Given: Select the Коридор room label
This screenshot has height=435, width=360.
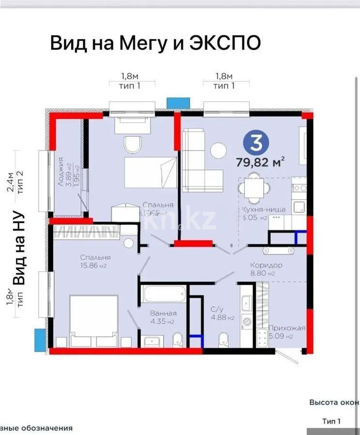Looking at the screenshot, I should pos(266,265).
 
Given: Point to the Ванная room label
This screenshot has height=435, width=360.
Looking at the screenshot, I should pos(160,313).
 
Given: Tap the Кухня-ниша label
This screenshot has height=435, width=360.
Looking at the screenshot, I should pos(264,209).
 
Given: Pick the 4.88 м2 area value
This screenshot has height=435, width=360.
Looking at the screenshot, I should pos(224,318).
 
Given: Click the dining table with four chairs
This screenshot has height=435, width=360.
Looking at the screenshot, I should pos(252,188).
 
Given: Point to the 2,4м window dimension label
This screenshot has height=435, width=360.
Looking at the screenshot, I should pos(10,184).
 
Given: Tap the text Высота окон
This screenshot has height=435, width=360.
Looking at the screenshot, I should pos(334,402).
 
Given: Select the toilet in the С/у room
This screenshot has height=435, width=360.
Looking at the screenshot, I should pos(224,337).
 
